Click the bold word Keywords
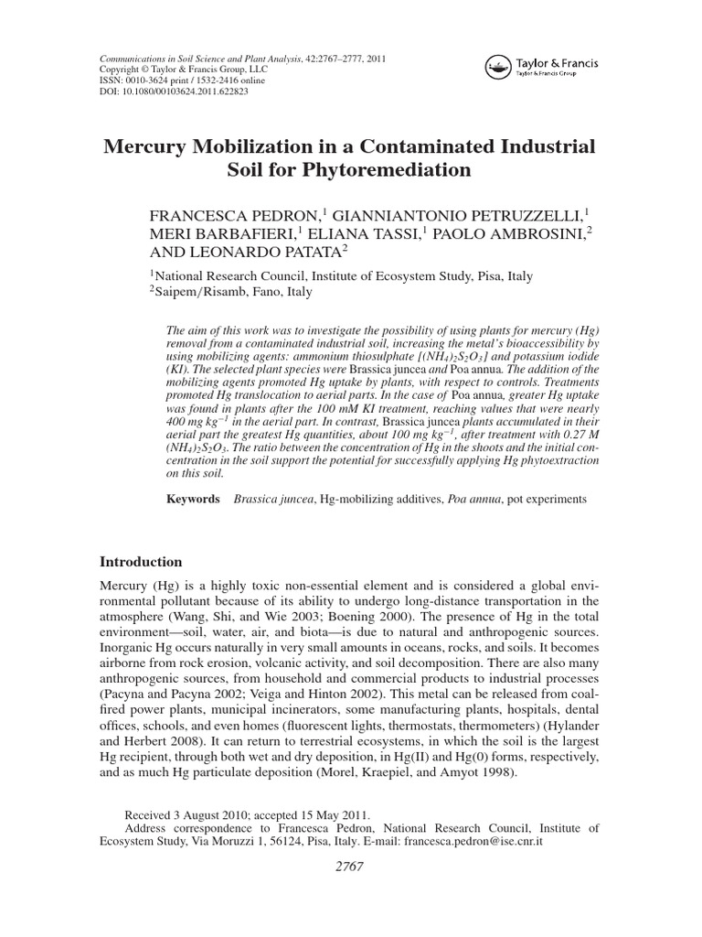[193, 500]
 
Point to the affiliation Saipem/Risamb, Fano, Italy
[232, 293]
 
